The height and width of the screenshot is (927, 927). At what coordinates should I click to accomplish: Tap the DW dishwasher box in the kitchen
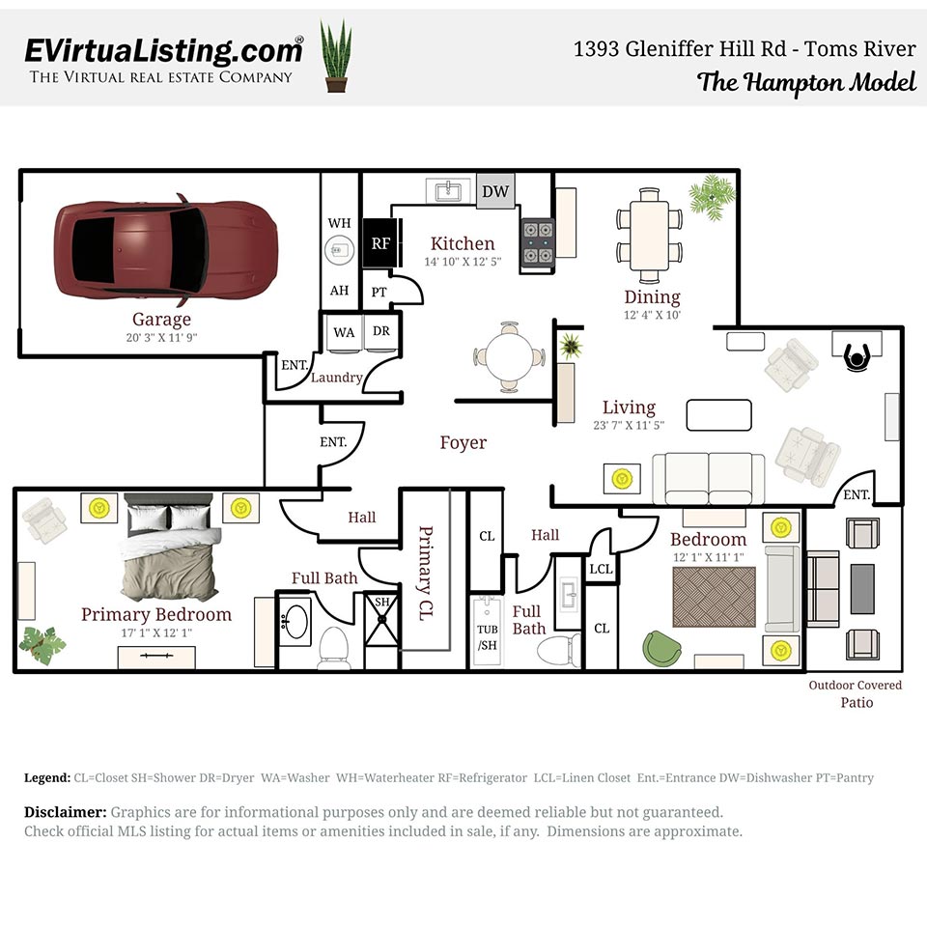(495, 191)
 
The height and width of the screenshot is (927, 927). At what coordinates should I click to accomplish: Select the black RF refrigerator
(380, 243)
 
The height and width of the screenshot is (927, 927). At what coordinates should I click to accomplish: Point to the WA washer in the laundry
(344, 332)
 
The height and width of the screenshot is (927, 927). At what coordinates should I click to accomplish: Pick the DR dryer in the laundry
(381, 332)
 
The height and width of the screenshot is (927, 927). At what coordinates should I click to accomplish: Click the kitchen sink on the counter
(447, 190)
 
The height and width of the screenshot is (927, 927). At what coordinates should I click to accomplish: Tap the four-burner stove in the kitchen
(537, 242)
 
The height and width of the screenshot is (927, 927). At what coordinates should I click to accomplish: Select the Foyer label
(463, 442)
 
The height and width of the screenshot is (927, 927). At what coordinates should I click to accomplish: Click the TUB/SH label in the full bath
(489, 637)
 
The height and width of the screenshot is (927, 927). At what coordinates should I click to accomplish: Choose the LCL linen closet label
(601, 569)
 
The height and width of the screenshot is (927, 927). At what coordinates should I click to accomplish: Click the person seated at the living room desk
(857, 357)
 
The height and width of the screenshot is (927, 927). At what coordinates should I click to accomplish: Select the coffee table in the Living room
(718, 414)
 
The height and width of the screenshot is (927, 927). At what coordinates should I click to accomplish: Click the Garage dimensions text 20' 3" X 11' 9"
(161, 337)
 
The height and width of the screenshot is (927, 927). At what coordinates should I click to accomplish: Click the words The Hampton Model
(806, 82)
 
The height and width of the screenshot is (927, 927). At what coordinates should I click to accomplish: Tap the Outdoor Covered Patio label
(856, 693)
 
